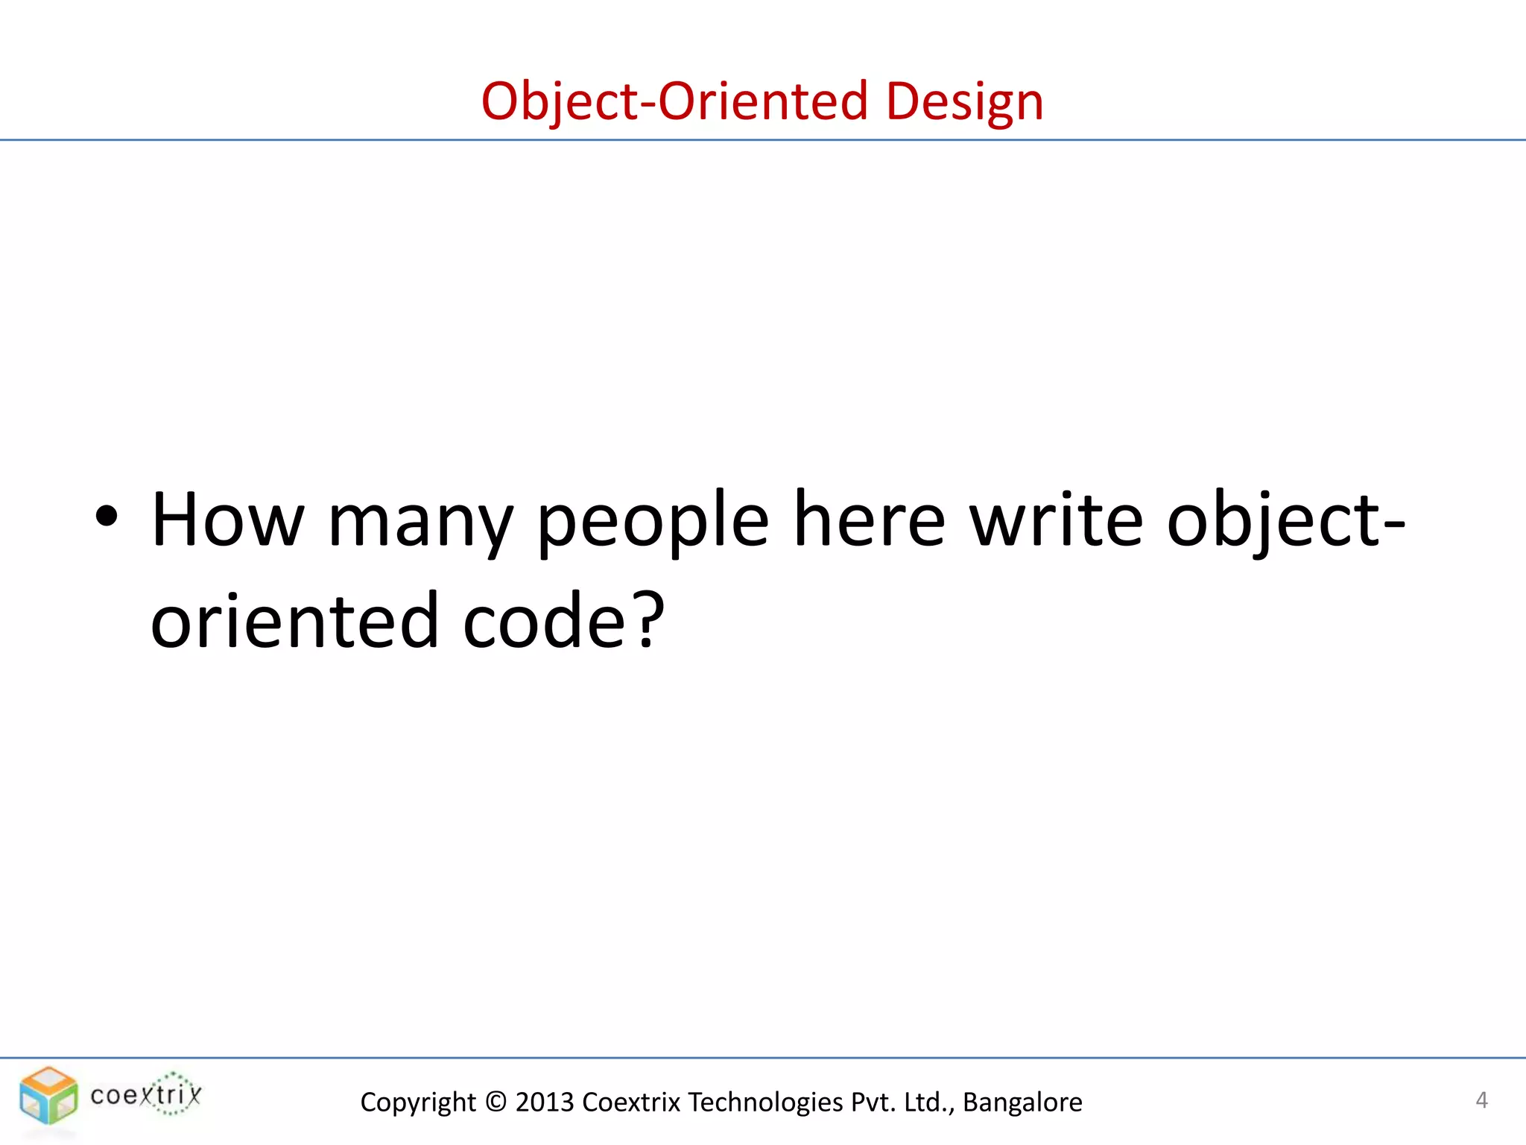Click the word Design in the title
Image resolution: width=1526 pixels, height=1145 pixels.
[964, 102]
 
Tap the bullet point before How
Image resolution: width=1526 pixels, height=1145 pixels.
[107, 516]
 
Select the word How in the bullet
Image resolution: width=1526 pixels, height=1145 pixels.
[228, 520]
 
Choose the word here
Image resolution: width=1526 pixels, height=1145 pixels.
[869, 520]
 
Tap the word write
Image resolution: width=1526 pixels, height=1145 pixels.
[1056, 520]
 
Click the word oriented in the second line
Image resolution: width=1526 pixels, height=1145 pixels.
[295, 620]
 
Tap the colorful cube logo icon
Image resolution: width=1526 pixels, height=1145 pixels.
[48, 1095]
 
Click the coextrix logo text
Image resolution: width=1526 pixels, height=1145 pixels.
[146, 1094]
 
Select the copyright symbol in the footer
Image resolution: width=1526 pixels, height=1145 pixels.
[495, 1102]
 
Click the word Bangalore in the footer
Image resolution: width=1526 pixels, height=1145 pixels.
[1022, 1102]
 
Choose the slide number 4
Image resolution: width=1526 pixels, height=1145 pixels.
[1481, 1100]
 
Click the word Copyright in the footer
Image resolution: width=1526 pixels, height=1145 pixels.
[418, 1102]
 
